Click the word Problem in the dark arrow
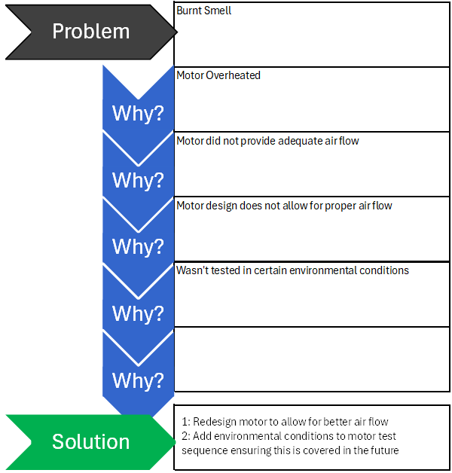pyautogui.click(x=91, y=32)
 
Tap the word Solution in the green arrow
pyautogui.click(x=91, y=441)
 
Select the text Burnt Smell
pyautogui.click(x=203, y=11)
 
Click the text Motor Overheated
pyautogui.click(x=218, y=75)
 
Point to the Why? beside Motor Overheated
pyautogui.click(x=138, y=114)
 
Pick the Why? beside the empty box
pyautogui.click(x=138, y=380)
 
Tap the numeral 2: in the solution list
pyautogui.click(x=186, y=436)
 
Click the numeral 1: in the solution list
pyautogui.click(x=186, y=422)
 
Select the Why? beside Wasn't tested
pyautogui.click(x=138, y=314)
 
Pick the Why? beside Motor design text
pyautogui.click(x=138, y=247)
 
